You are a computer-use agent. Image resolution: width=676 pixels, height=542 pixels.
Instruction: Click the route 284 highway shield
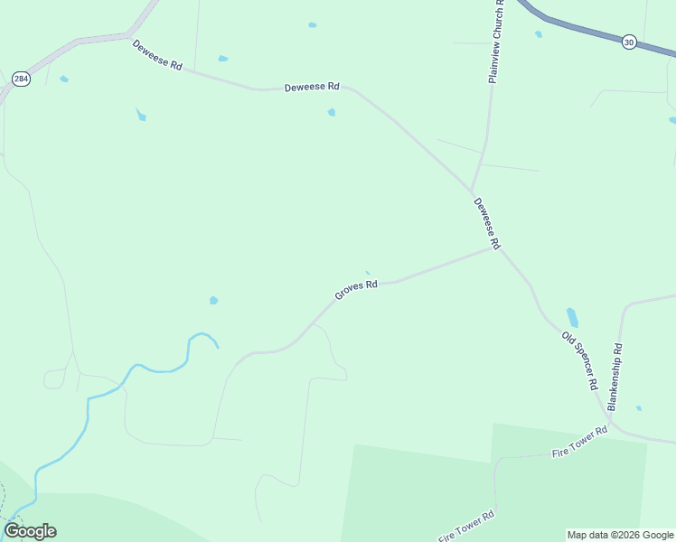20,79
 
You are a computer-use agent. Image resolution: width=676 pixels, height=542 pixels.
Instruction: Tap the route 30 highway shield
629,41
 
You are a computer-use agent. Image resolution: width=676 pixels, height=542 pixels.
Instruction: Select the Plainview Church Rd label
495,42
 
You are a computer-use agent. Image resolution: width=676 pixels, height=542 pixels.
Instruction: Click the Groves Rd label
355,289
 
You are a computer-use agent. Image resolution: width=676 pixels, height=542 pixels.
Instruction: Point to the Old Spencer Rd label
580,360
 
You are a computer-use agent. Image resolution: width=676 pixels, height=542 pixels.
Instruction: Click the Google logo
30,531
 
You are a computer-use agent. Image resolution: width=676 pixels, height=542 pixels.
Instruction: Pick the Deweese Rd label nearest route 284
157,56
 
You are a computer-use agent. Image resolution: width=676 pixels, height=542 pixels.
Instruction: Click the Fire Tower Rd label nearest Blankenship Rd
579,443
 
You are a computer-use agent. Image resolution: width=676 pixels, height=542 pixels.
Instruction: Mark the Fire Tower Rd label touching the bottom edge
466,527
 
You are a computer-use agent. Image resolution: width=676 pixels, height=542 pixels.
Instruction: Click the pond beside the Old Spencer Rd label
572,318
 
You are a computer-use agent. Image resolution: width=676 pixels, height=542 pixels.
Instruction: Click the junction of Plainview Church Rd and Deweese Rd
471,191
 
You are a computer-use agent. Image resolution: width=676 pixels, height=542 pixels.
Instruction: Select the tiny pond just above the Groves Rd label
367,273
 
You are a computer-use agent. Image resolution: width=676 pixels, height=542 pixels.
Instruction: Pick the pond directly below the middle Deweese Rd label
332,112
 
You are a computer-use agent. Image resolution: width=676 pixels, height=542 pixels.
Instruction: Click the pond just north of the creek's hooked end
213,300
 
